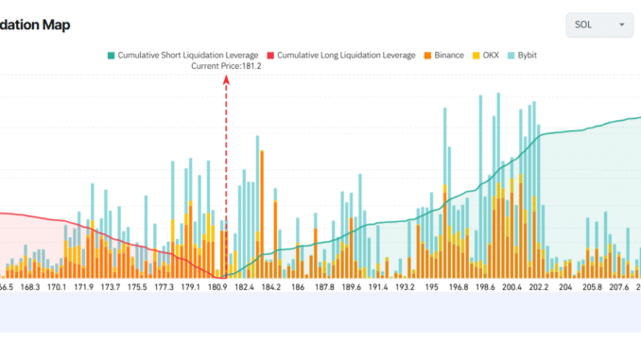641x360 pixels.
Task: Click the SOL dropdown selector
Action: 598,25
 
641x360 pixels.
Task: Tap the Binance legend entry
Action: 442,55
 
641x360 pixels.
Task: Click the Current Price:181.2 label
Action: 226,66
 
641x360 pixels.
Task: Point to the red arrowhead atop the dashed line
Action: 226,80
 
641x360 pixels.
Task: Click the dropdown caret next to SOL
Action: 621,25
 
